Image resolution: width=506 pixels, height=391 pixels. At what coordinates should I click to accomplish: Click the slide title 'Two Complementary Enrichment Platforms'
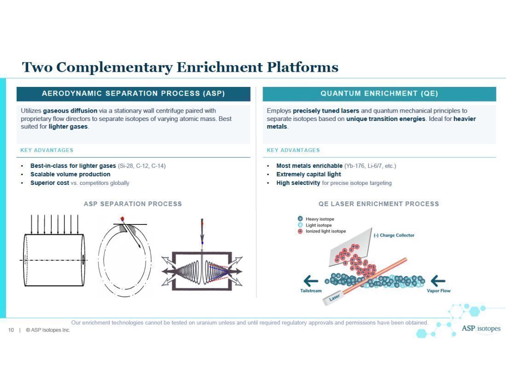[x=180, y=67]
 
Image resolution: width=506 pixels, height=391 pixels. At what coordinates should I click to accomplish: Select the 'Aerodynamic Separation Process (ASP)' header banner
[x=133, y=93]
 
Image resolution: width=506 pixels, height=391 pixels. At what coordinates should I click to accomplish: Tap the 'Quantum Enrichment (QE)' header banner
[x=379, y=93]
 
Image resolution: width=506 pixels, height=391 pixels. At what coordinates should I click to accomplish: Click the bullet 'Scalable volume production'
[x=70, y=174]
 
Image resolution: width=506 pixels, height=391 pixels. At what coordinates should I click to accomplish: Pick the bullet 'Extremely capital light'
[x=309, y=174]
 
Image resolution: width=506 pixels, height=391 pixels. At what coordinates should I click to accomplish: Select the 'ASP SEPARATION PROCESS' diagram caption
[x=132, y=204]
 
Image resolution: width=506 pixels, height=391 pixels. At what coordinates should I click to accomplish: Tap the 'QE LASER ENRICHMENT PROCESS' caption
[x=379, y=204]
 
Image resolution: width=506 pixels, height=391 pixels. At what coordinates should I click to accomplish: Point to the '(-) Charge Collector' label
[x=394, y=235]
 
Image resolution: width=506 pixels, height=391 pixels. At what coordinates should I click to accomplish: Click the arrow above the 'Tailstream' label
[x=310, y=281]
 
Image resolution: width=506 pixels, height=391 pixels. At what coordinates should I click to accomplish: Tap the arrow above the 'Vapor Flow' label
[x=438, y=281]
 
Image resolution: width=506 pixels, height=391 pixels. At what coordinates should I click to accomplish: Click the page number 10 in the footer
[x=11, y=330]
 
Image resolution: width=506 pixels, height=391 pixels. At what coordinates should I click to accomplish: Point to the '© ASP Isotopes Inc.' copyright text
[x=48, y=330]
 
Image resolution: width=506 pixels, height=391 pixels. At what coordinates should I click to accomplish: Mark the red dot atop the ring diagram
[x=122, y=218]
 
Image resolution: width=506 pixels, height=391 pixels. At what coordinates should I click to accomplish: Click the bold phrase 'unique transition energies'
[x=385, y=119]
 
